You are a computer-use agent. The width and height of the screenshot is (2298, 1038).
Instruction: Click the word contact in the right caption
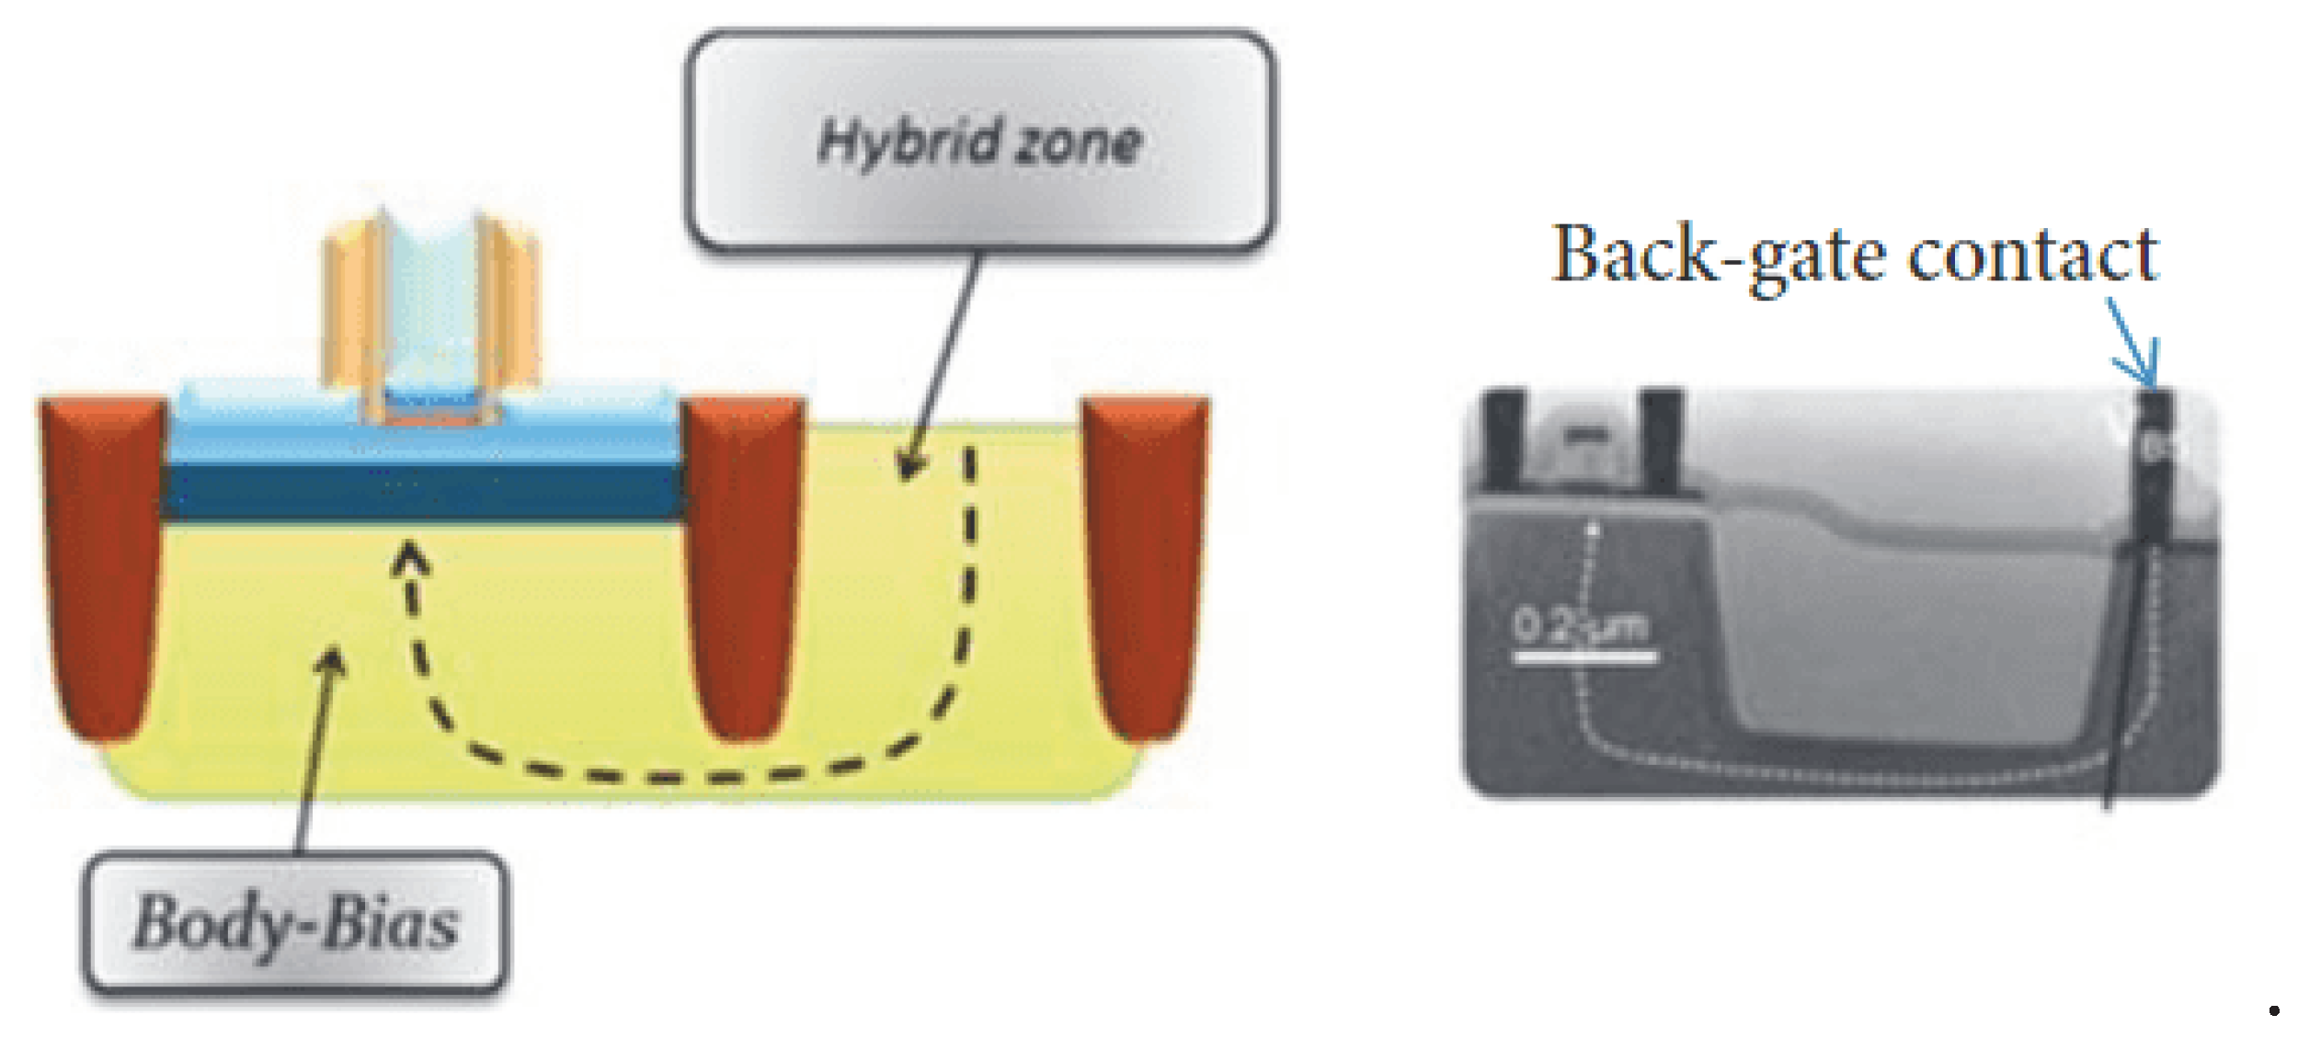coord(2032,256)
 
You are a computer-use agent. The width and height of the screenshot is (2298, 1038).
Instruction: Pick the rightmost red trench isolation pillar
coord(1145,561)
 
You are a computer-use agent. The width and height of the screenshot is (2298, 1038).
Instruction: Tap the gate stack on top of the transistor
coord(429,313)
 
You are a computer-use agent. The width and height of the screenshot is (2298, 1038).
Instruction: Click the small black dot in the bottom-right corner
coord(2274,1011)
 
